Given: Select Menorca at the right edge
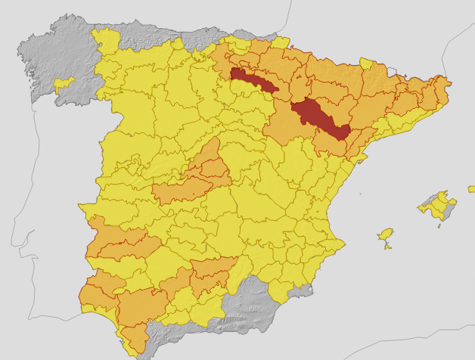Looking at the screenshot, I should coord(471,188).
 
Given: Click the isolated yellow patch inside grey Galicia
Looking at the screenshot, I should coord(64,82).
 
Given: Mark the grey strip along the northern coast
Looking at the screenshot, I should coord(166,34).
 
